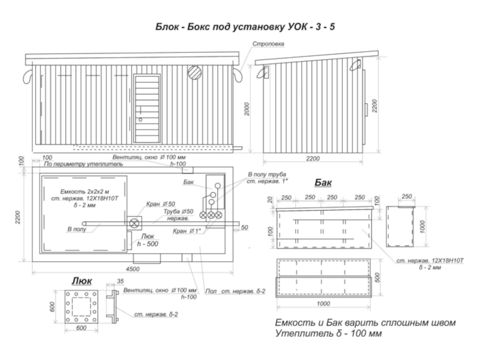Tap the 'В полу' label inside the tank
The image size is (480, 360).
(76, 229)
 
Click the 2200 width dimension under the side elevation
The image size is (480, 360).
(313, 158)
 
